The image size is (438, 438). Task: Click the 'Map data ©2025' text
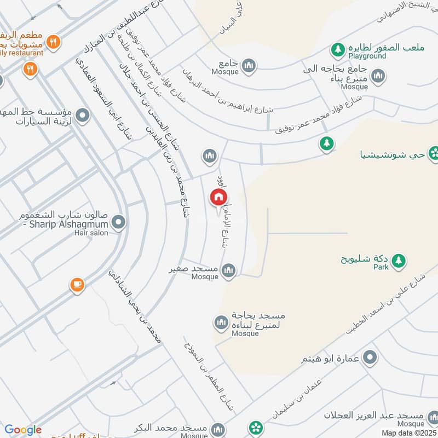(x=409, y=433)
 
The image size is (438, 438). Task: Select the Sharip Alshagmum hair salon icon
(x=118, y=222)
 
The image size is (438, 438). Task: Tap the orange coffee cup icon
(x=77, y=285)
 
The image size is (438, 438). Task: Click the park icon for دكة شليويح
(x=399, y=261)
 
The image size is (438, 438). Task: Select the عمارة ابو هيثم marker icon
(x=371, y=358)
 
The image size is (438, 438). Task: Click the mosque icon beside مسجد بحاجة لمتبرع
(x=221, y=323)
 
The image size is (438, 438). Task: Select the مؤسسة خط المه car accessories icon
(x=83, y=116)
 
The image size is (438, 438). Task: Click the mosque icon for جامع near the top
(x=249, y=66)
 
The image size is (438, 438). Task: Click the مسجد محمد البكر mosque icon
(x=218, y=428)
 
